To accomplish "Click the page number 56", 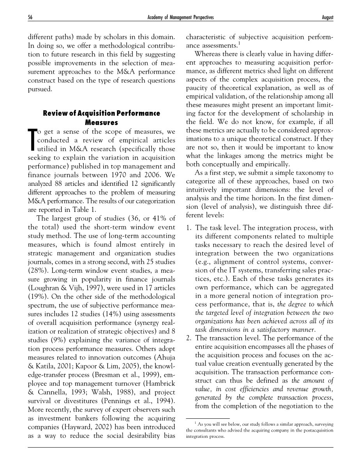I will (30, 18).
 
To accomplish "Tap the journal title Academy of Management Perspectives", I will (180, 18).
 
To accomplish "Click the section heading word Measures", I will (101, 122).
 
